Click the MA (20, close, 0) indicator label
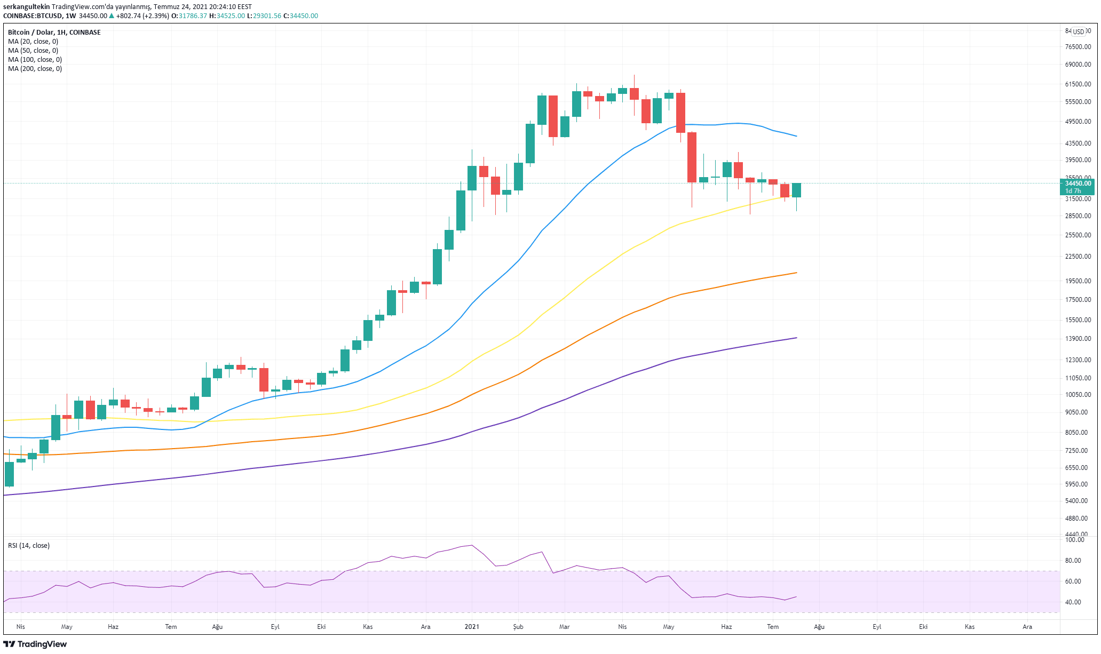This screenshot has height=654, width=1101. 33,42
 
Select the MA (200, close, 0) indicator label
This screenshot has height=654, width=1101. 35,69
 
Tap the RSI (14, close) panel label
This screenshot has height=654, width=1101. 29,546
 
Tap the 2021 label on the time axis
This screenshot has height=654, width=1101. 472,627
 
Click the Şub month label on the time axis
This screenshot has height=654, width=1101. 518,627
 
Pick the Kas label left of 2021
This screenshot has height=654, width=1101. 368,627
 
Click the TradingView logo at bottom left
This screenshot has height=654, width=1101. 35,644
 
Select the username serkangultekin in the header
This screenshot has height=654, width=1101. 26,7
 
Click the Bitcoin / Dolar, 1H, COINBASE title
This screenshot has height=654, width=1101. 54,33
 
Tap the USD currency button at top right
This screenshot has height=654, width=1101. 1079,31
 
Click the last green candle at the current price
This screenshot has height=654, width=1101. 796,190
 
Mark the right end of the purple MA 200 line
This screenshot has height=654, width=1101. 796,338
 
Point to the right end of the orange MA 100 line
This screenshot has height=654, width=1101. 796,273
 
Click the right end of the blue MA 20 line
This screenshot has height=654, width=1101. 796,136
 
